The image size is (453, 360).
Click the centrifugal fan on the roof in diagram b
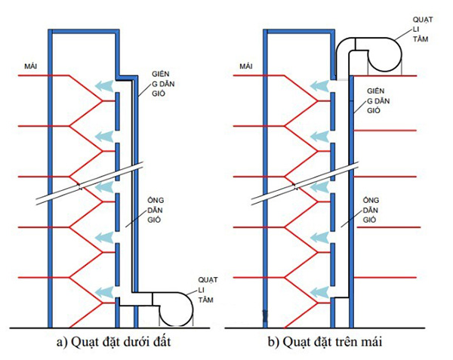[x=385, y=55]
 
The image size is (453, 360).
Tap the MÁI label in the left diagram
[x=32, y=67]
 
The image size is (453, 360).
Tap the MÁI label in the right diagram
[x=245, y=67]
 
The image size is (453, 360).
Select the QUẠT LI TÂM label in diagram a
[x=206, y=289]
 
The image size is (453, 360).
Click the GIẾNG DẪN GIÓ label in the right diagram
[x=377, y=100]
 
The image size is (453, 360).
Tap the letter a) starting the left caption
[x=61, y=342]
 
